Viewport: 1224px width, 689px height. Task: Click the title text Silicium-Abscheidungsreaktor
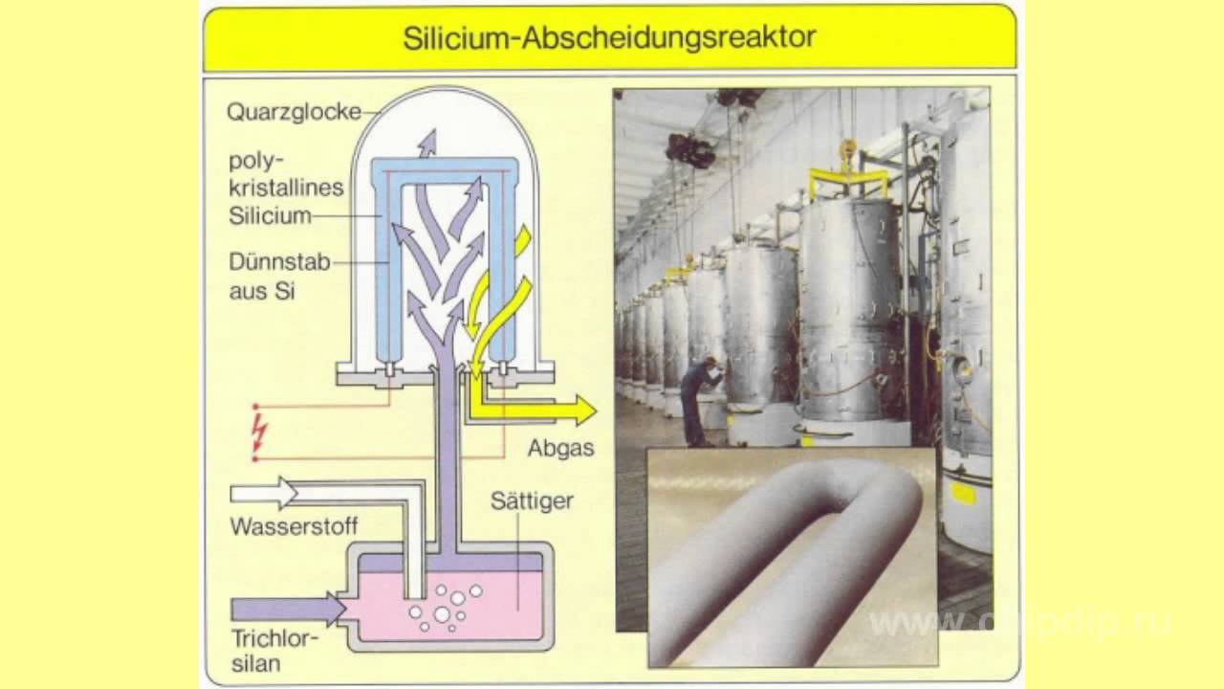tap(609, 37)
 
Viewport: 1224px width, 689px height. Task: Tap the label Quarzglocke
tap(294, 112)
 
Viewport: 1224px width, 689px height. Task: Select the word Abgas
tap(560, 448)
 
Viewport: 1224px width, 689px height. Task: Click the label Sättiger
tap(532, 500)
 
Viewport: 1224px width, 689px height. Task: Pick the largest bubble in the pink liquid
tap(442, 613)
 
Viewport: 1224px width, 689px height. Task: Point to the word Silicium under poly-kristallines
tap(270, 216)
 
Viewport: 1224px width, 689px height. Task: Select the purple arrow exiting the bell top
tap(426, 144)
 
